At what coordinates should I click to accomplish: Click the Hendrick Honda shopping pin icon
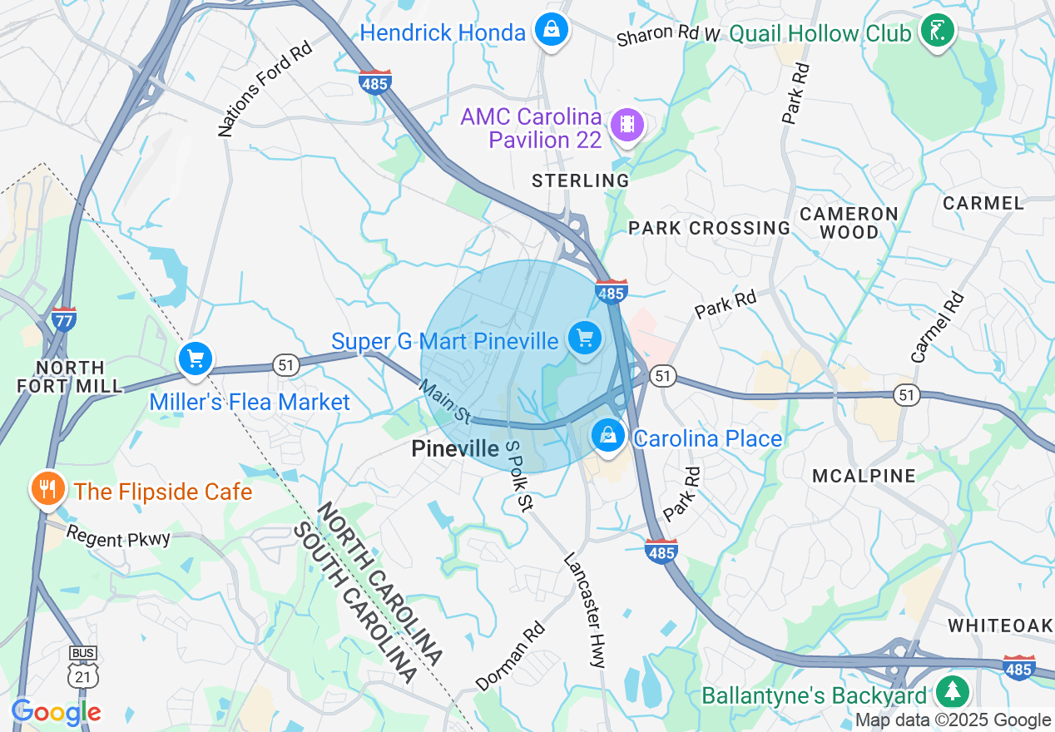pos(551,31)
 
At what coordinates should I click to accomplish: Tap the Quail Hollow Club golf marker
pos(937,32)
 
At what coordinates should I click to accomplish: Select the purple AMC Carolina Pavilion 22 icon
pos(627,126)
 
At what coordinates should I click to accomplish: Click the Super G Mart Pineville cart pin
pos(585,339)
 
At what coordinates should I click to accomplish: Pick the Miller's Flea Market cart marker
pos(196,360)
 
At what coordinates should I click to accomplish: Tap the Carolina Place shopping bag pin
pos(608,435)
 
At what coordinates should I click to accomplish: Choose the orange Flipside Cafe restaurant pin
pos(48,488)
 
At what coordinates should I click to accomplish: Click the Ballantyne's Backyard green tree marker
pos(951,692)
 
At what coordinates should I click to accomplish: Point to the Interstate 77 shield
pos(64,319)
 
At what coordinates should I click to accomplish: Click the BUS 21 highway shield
pos(82,670)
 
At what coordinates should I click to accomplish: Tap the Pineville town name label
pos(455,449)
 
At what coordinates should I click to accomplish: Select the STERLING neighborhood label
pos(581,181)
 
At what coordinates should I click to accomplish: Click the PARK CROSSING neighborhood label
pos(709,228)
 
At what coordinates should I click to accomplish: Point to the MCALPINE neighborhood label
pos(864,476)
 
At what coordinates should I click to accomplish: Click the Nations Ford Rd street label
pos(265,91)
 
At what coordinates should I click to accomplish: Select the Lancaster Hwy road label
pos(585,610)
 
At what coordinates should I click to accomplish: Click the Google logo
pos(56,712)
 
